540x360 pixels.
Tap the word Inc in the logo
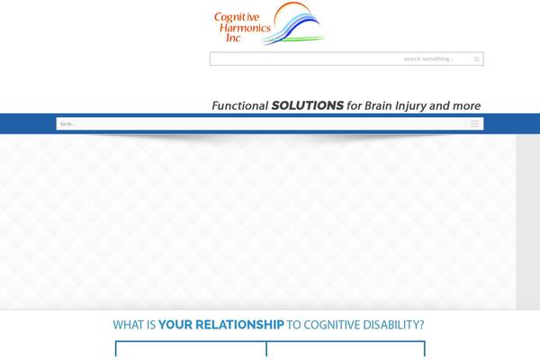[x=234, y=39]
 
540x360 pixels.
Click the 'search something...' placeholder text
[x=428, y=59]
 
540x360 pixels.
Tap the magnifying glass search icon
[x=477, y=59]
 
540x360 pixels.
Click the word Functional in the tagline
[x=240, y=105]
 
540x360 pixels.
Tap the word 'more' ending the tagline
[x=467, y=105]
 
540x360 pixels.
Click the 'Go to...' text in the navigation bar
[x=67, y=124]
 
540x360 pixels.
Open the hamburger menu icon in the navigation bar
[x=474, y=124]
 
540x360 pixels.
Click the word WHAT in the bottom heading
[x=127, y=325]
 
